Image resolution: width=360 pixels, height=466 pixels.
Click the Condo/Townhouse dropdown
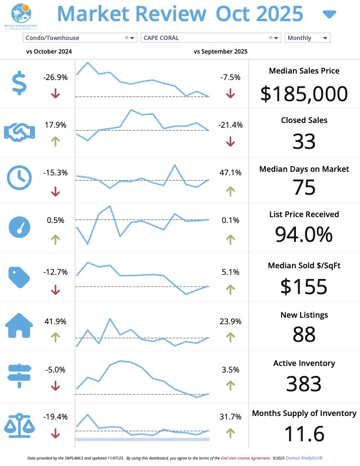pos(79,38)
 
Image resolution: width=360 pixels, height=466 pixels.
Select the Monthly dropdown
pos(307,38)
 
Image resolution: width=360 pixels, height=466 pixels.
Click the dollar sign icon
pos(19,83)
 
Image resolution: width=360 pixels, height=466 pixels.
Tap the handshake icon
pos(21,131)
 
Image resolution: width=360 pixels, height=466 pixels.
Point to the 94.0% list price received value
pos(304,234)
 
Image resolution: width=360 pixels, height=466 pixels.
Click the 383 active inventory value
pos(304,384)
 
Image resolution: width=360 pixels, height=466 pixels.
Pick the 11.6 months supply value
pos(304,434)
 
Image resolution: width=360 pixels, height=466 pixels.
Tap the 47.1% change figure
pos(230,172)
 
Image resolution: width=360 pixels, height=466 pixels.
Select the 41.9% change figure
pos(55,321)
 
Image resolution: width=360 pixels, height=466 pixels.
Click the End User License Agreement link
pos(245,457)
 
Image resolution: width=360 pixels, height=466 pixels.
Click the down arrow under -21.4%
pos(230,141)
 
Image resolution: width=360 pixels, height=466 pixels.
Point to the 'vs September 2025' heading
pos(221,52)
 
